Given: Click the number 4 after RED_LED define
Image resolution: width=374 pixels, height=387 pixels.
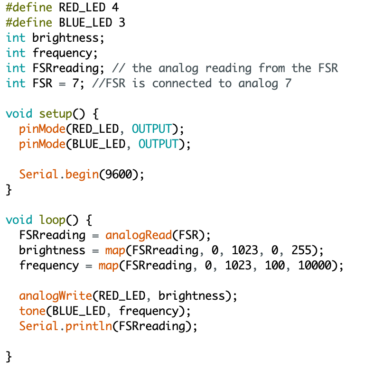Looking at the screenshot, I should pos(115,8).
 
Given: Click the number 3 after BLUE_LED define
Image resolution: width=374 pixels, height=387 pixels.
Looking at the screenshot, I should pos(122,23).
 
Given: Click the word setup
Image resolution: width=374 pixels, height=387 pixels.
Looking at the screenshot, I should pos(56,114).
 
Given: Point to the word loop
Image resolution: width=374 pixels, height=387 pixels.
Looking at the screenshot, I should pos(52,220).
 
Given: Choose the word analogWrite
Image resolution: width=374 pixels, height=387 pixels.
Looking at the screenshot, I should pos(56,296).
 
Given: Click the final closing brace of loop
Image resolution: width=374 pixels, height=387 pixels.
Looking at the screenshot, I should pos(9,357).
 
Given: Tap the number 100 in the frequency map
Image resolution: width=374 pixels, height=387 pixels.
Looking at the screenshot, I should pos(274,266).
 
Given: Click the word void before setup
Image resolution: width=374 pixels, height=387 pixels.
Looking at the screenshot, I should pos(19,114).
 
